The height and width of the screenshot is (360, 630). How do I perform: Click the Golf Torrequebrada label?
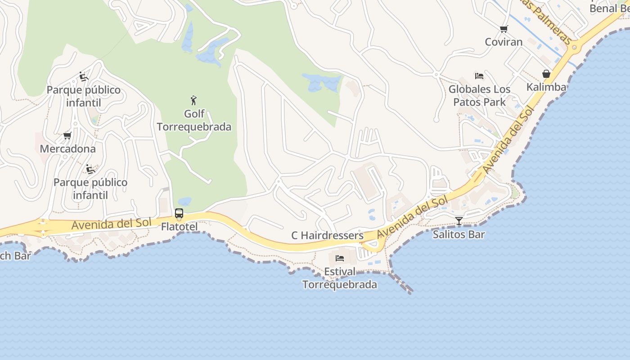coord(194,120)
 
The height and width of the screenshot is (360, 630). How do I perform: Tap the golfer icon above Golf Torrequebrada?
coord(193,100)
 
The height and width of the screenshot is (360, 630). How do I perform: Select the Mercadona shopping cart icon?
coord(67,135)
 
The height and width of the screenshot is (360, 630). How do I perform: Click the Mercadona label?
coord(68,148)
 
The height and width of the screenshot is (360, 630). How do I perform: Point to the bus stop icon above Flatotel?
coord(179,213)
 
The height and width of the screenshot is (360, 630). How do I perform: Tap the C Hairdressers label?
coord(327,235)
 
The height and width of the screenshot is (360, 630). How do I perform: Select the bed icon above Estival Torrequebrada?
coord(340,258)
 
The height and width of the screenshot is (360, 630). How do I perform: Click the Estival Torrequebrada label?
coord(340,278)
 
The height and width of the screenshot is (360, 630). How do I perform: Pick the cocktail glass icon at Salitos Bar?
coord(459,220)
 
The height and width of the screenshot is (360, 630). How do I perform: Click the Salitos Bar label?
coord(459,234)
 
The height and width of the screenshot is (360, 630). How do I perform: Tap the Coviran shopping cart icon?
coord(504,29)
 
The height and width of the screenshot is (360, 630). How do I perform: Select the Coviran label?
coord(504,42)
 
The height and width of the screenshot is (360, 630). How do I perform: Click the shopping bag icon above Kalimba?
coord(546,74)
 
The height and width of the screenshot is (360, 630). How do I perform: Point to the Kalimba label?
coord(546,87)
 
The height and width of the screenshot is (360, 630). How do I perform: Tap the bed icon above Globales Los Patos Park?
coord(479,76)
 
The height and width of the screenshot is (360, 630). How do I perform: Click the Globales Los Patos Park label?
coord(479,95)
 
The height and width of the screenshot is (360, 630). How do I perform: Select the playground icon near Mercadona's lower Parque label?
coord(90,169)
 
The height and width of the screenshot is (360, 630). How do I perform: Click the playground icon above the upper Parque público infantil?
coord(84,76)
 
